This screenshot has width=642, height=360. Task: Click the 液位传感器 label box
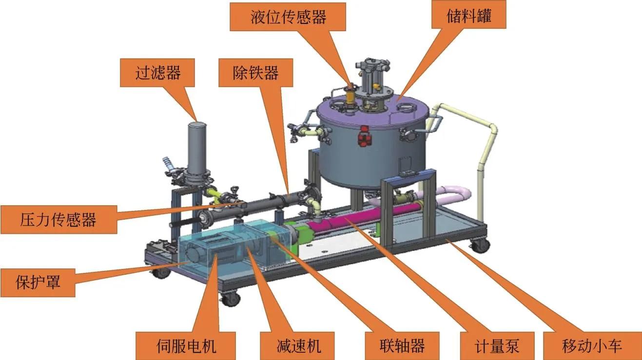[x=288, y=17]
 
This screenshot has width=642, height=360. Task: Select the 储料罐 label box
[x=469, y=15]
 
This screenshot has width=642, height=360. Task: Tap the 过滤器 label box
[x=157, y=73]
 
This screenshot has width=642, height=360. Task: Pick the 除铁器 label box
[x=255, y=73]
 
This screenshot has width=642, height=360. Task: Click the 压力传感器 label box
[x=59, y=219]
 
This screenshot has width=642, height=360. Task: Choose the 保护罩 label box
[x=38, y=283]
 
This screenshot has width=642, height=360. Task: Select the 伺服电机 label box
[x=186, y=346]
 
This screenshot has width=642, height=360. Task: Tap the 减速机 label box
[x=297, y=346]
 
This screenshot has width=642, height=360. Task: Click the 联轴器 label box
[x=402, y=346]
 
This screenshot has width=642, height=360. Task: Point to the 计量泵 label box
[x=497, y=346]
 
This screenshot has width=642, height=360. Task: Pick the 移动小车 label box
[x=592, y=346]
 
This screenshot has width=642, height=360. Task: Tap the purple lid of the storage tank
[x=372, y=110]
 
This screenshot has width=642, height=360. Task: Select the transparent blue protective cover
[x=235, y=248]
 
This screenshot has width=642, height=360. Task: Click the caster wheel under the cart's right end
[x=479, y=245]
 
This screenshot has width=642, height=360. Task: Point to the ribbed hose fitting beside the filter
[x=168, y=164]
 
